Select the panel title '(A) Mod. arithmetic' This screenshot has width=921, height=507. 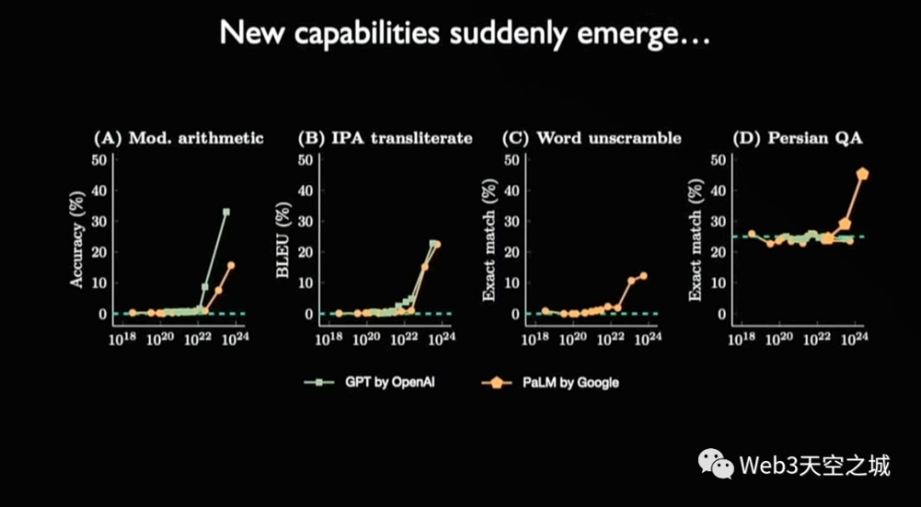click(x=179, y=138)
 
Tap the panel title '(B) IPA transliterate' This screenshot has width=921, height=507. click(x=385, y=138)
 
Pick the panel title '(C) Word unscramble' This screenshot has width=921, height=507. click(x=591, y=138)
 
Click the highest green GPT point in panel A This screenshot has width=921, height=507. click(x=226, y=212)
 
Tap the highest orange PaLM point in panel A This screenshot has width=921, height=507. click(x=231, y=265)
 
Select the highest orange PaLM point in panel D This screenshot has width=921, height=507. click(x=863, y=173)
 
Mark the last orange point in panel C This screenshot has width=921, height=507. click(x=644, y=276)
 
